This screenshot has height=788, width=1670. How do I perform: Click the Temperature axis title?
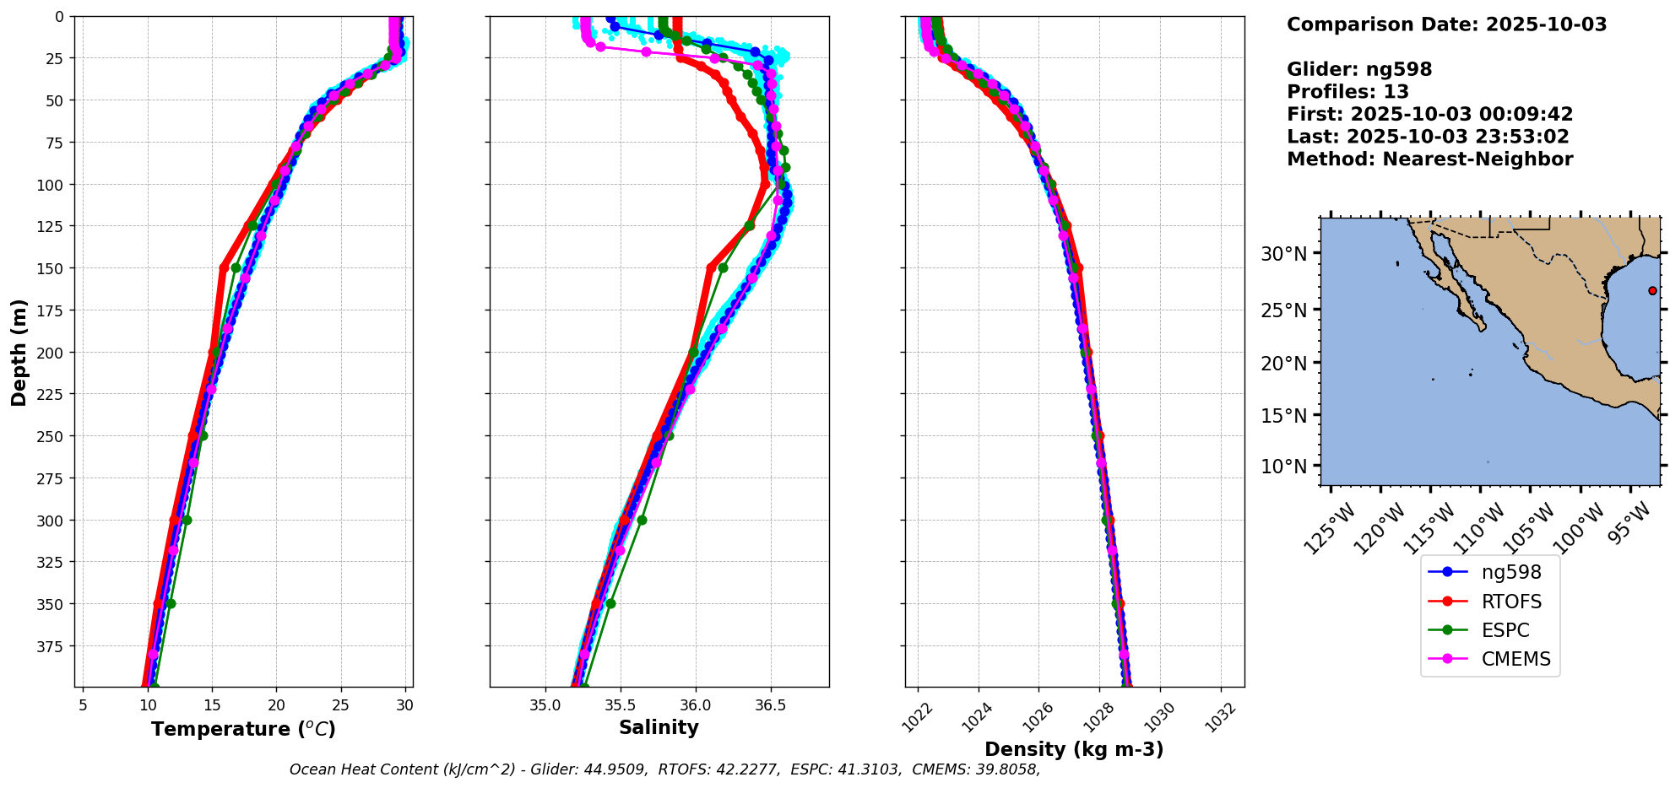[243, 729]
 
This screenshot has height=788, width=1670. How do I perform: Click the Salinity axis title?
[659, 728]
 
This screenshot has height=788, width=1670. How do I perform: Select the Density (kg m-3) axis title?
[1074, 749]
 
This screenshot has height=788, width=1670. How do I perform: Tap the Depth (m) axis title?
[19, 352]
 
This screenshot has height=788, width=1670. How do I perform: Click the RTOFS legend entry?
[1511, 602]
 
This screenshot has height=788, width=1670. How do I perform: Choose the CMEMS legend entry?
[1515, 659]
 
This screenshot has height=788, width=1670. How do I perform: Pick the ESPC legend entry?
[1505, 630]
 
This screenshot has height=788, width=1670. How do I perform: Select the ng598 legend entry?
[1511, 572]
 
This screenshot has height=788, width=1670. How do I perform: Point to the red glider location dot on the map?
[1652, 290]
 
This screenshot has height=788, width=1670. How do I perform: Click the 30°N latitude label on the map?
[1283, 254]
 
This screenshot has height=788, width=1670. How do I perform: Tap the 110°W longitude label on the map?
[1478, 529]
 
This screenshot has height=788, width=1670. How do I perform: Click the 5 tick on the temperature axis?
[83, 705]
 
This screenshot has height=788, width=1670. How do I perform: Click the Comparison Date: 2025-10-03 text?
[1446, 24]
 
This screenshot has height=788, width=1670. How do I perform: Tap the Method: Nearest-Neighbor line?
[1429, 159]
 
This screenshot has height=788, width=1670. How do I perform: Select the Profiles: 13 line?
[1347, 92]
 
